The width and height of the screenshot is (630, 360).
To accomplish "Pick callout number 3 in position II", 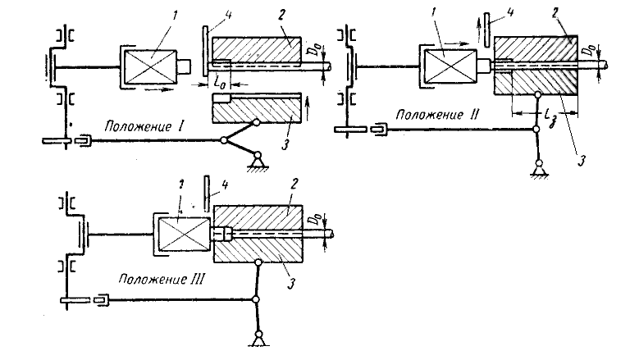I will click(x=581, y=160).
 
